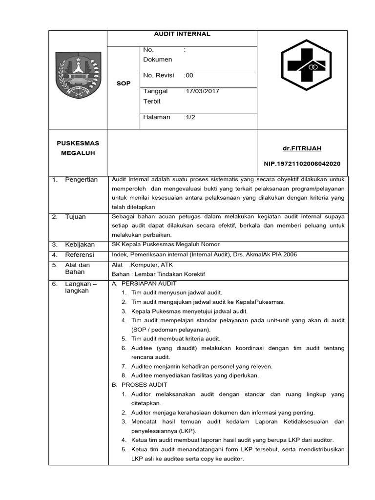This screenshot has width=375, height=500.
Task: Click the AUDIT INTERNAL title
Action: pos(182,34)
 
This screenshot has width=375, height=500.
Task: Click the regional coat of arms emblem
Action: pos(78,75)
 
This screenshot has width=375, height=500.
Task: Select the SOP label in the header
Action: pos(124,83)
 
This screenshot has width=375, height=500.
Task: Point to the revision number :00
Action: pos(188,75)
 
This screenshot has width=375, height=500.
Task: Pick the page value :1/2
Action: pos(189,117)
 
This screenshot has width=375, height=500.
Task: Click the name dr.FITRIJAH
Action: pos(302,148)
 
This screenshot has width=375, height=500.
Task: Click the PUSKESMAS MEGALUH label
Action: pos(78,148)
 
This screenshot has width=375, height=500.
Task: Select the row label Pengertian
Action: pos(81,180)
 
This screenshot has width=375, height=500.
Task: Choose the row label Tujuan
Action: pos(75,217)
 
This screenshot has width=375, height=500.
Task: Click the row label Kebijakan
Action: pos(80,245)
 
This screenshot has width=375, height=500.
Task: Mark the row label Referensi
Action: pos(80,255)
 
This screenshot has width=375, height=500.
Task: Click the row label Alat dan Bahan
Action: pos(77,269)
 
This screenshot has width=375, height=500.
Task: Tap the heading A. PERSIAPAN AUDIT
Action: pos(144,283)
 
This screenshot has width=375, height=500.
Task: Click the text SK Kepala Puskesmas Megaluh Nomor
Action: pos(166,245)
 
